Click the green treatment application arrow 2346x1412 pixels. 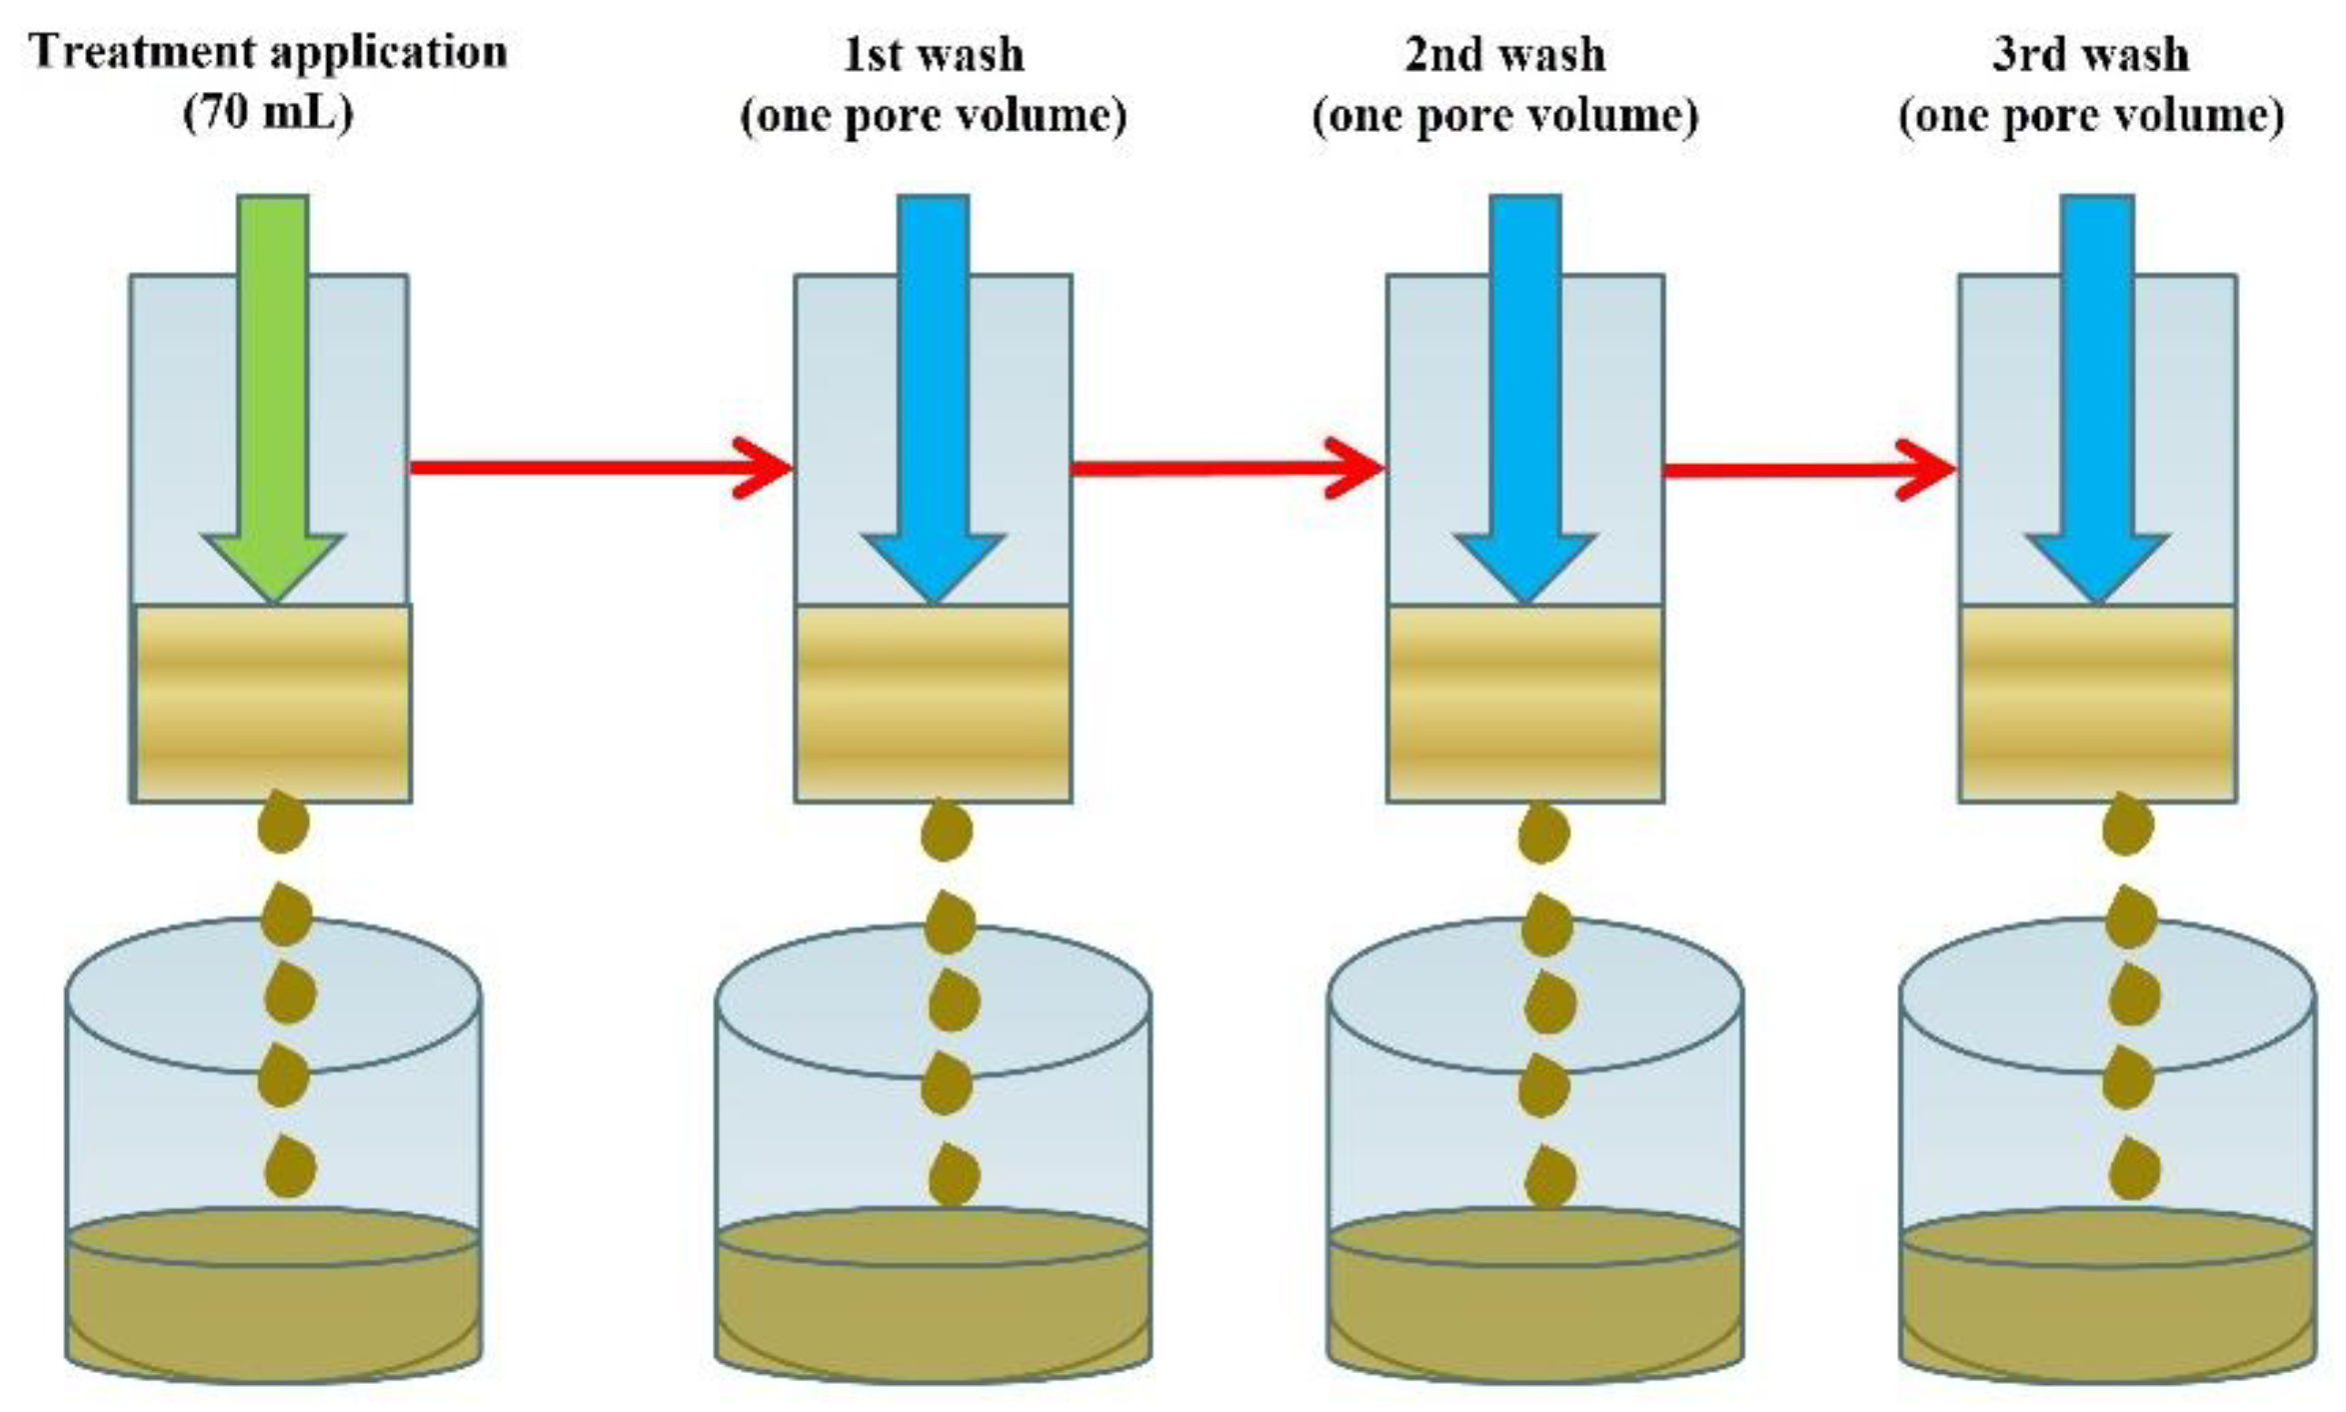tap(273, 400)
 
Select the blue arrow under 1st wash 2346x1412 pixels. tap(934, 400)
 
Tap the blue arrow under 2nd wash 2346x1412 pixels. tap(1525, 400)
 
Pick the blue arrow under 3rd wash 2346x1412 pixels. tap(2098, 400)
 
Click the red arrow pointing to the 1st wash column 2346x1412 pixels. tap(600, 467)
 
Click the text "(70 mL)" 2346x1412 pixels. tap(269, 113)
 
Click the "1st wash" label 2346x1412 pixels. tap(934, 54)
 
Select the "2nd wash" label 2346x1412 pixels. tap(1505, 54)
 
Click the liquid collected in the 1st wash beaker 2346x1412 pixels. tap(934, 1299)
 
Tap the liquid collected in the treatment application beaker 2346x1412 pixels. tap(273, 1299)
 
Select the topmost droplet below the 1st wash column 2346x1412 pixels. tap(947, 831)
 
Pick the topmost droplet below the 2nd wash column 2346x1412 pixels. tap(1543, 833)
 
